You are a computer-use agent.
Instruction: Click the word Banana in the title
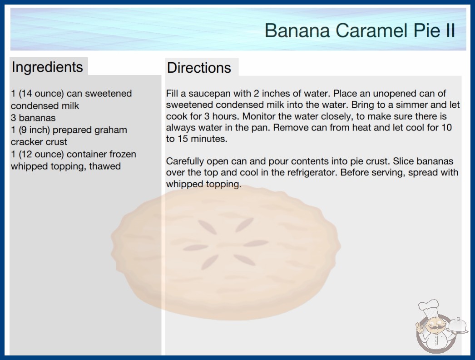(297, 30)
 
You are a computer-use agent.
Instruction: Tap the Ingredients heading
(47, 67)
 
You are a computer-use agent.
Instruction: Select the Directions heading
(199, 68)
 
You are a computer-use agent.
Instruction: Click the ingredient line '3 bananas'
(33, 118)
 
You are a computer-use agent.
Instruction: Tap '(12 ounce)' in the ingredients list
(41, 154)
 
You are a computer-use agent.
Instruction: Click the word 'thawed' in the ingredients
(105, 166)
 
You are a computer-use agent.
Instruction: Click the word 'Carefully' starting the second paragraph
(185, 161)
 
